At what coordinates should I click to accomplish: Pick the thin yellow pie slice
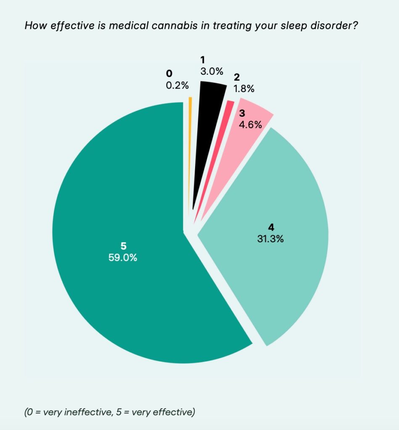(x=190, y=154)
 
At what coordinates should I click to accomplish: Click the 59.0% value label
(x=123, y=257)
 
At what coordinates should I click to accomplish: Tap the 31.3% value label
(x=270, y=239)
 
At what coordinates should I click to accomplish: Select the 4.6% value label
(x=251, y=125)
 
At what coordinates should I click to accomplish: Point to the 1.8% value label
(x=244, y=89)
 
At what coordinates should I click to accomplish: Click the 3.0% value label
(x=212, y=71)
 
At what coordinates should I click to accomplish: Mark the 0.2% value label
(x=177, y=85)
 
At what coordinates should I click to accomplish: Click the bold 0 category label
(x=169, y=73)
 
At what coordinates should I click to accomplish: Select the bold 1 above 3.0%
(x=203, y=60)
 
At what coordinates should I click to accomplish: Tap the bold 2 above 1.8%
(x=237, y=77)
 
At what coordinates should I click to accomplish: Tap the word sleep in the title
(x=293, y=26)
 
